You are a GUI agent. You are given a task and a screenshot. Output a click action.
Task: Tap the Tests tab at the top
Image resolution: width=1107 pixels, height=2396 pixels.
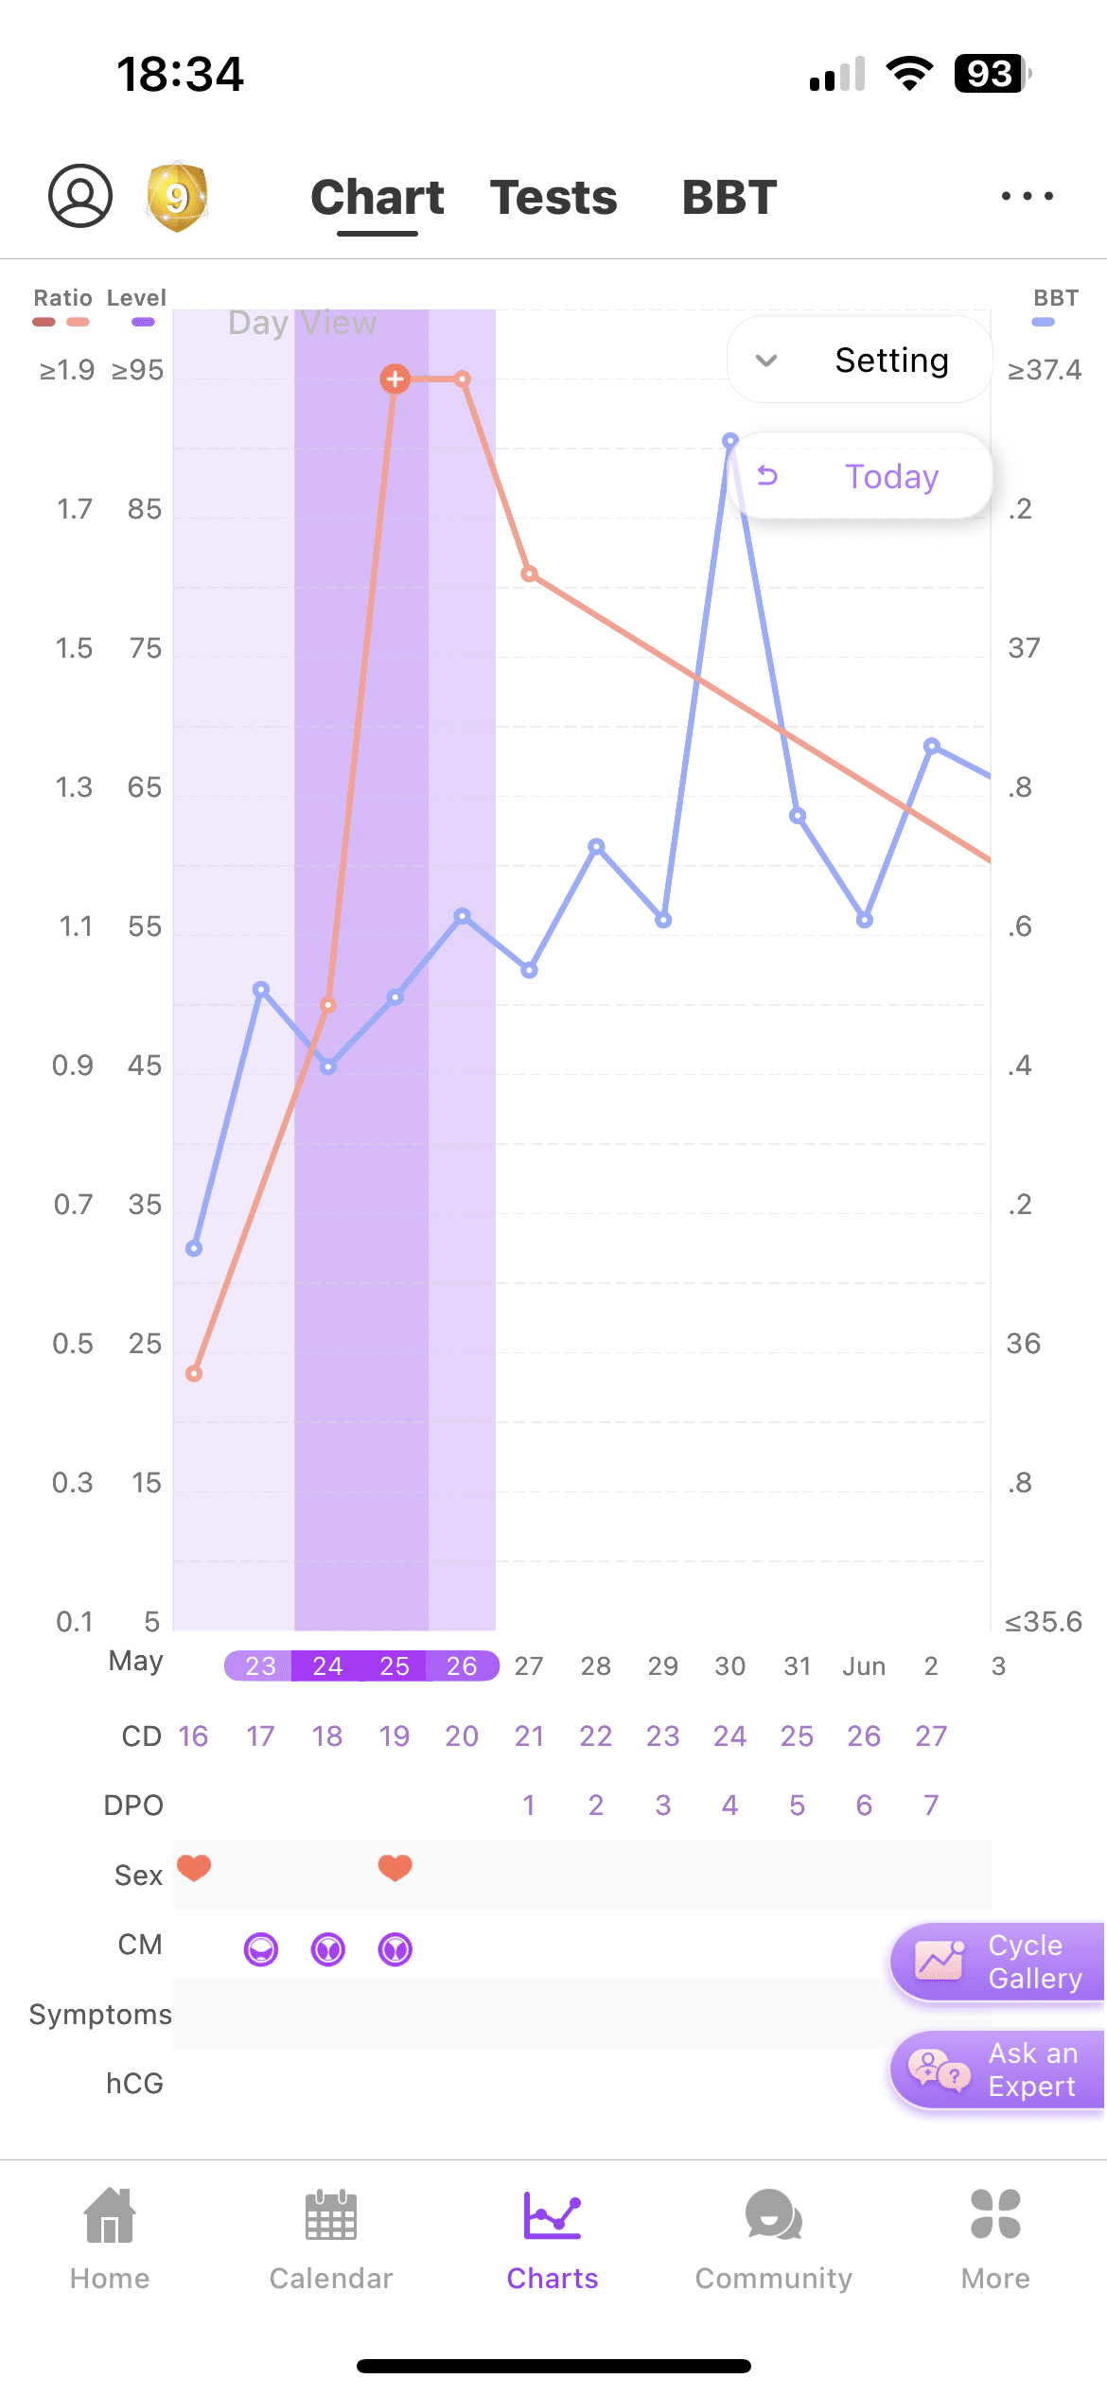(x=553, y=198)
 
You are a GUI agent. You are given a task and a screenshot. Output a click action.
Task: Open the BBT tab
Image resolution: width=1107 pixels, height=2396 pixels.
(x=729, y=198)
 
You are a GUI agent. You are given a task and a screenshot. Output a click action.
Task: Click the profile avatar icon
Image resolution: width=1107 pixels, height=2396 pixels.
(x=80, y=196)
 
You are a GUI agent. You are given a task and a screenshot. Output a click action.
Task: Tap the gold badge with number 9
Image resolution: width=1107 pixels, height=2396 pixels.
(x=177, y=197)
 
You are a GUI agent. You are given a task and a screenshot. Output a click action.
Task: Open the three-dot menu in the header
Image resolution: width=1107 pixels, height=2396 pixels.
(x=1028, y=196)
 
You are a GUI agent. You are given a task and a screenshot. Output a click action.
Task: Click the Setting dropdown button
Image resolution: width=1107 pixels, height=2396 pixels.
(x=859, y=360)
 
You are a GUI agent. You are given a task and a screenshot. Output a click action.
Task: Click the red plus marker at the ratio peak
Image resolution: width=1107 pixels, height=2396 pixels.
(x=395, y=379)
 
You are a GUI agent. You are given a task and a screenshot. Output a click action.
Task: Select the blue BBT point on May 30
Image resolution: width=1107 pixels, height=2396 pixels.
(x=730, y=441)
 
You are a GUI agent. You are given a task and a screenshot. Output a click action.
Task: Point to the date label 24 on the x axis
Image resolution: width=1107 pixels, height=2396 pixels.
(x=327, y=1665)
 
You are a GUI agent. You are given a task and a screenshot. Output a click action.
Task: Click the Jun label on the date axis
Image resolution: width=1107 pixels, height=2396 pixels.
(x=864, y=1665)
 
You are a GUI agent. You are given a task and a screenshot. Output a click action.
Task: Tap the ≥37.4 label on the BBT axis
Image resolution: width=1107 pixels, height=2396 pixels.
(x=1045, y=370)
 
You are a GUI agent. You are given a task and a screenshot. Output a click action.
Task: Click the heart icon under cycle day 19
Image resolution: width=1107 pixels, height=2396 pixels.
(x=395, y=1868)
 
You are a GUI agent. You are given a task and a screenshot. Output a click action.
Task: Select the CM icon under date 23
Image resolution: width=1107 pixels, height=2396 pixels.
(x=261, y=1949)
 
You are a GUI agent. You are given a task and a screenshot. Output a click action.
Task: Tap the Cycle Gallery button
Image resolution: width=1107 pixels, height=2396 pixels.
(x=997, y=1962)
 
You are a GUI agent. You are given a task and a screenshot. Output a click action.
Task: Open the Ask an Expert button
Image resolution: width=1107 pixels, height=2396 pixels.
(x=997, y=2070)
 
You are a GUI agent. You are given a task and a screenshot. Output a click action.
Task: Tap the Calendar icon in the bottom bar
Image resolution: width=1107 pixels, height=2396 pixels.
(x=331, y=2215)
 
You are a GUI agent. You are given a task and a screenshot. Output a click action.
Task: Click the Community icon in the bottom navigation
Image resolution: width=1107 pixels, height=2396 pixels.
(x=774, y=2215)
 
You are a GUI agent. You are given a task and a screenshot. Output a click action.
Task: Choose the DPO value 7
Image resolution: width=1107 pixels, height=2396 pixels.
(x=931, y=1806)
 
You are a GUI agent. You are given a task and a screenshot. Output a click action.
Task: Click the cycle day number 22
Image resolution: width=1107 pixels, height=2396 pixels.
(x=596, y=1735)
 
